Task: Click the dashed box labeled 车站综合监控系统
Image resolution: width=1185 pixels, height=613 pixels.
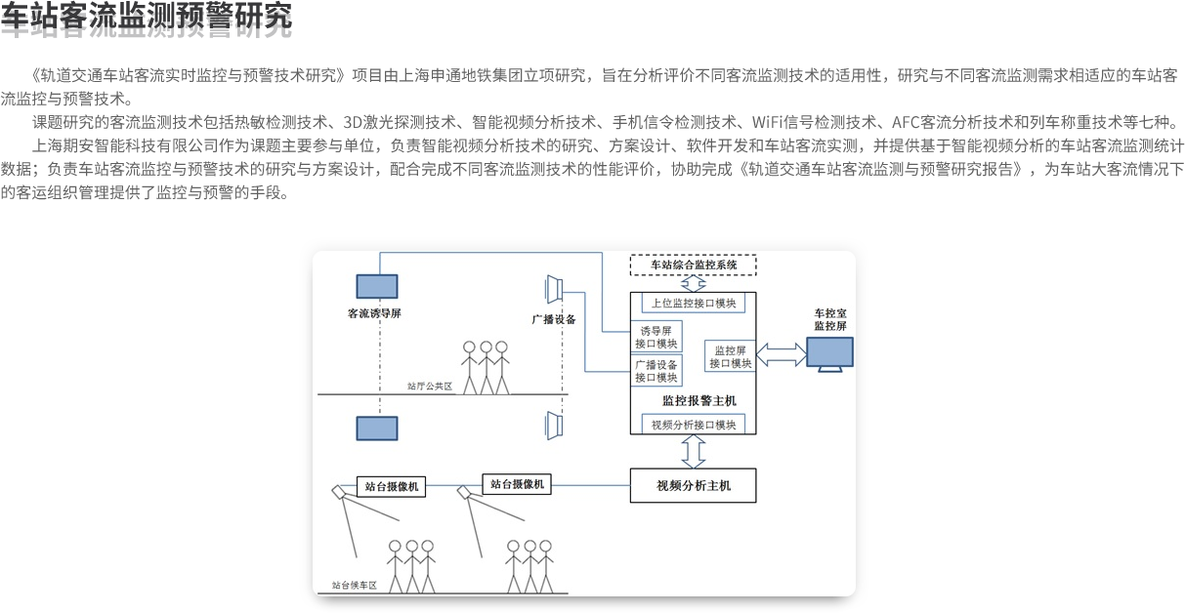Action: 693,264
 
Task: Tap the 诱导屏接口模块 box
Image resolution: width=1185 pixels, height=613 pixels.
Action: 656,337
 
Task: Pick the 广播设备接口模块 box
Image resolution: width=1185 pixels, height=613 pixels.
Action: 656,371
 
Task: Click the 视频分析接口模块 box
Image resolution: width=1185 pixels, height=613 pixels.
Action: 693,425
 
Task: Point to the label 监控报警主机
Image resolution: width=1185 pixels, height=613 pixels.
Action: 693,400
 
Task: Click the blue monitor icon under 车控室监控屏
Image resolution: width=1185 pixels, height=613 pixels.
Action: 829,353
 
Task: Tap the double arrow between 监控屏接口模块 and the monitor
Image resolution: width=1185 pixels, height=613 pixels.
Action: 780,355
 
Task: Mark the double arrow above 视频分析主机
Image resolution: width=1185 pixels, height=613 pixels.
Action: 693,452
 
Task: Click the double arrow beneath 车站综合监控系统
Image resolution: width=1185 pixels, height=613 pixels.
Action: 693,284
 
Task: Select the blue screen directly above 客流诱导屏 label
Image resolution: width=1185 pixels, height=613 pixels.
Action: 376,285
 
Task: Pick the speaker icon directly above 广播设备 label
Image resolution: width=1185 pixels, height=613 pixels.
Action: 553,290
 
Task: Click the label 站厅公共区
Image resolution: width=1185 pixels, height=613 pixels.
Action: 430,387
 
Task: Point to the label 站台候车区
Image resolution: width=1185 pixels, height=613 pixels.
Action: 354,586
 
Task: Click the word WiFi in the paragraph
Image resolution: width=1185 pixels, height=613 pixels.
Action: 768,123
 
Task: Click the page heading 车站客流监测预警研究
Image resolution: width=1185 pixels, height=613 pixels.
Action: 147,20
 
